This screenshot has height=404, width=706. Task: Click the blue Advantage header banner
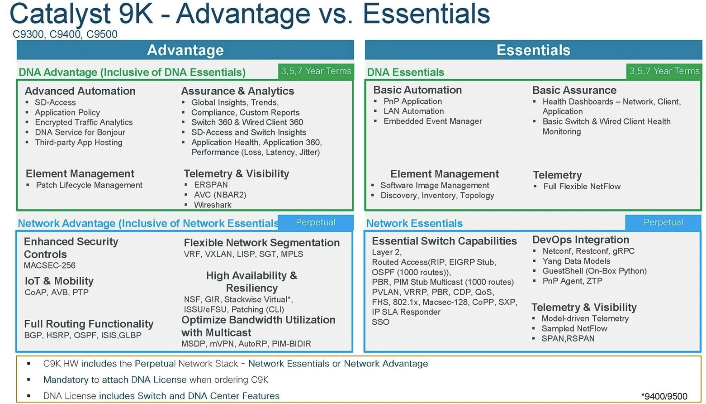(x=185, y=50)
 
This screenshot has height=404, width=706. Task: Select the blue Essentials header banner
(x=534, y=50)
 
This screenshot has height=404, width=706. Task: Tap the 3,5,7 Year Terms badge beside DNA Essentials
(x=664, y=71)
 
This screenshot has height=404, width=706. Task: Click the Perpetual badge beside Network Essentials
(x=663, y=222)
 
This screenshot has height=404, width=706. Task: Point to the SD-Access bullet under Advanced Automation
(x=55, y=102)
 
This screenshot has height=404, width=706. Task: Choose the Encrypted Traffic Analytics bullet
(x=84, y=122)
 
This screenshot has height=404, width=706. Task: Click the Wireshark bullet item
(x=213, y=205)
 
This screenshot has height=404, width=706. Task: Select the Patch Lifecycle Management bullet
(x=89, y=185)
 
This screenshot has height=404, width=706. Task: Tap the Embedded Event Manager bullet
(x=433, y=121)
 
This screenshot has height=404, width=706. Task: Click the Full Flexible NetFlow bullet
(x=582, y=187)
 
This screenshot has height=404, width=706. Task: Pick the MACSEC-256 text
(x=50, y=265)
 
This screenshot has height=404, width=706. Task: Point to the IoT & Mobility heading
(x=59, y=281)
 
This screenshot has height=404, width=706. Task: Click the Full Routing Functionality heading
(x=89, y=324)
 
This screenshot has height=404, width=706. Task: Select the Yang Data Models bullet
(x=576, y=261)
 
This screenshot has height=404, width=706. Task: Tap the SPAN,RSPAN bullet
(x=568, y=339)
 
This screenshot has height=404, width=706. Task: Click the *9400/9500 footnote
(x=664, y=396)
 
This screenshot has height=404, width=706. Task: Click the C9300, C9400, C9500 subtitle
(x=65, y=34)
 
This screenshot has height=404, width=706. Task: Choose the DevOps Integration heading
(x=581, y=240)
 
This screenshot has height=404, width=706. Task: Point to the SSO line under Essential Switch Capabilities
(x=380, y=322)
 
